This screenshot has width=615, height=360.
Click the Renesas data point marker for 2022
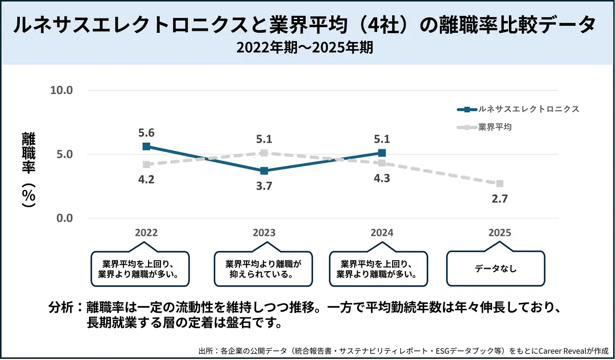point(147,146)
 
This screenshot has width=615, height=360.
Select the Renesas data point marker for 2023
point(264,171)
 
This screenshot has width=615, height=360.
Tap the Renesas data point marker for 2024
point(382,153)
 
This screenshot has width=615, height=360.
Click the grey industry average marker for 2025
point(500,184)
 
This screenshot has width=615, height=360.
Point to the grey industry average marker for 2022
point(147,165)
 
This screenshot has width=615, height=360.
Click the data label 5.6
point(147,133)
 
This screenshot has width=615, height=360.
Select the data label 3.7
point(264,186)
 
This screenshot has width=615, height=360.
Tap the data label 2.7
point(499,199)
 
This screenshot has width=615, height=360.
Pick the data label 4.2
point(147,179)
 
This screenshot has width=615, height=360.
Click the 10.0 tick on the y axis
point(63,90)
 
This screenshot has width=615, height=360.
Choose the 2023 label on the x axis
point(264,233)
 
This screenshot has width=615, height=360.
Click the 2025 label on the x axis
point(499,233)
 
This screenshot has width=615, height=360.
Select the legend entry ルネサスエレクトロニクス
point(528,109)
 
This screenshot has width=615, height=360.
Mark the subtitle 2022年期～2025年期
point(307,48)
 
